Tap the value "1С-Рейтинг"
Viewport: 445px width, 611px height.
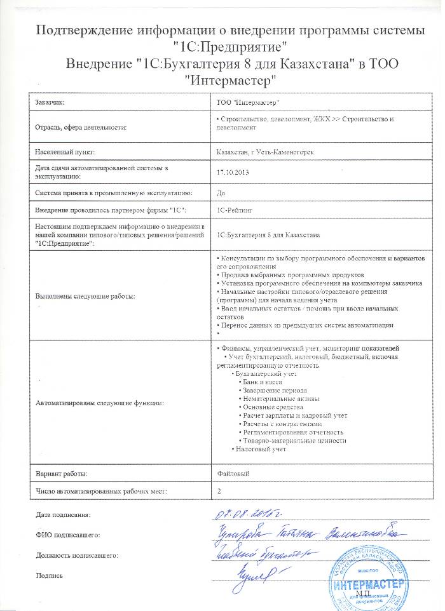pos(235,209)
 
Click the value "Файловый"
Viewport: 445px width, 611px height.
pos(233,473)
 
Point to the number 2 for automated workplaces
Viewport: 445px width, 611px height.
pos(219,491)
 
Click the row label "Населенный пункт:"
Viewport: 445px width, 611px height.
pos(65,152)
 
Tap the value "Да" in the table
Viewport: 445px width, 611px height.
pos(221,192)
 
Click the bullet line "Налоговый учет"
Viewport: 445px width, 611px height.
pos(261,450)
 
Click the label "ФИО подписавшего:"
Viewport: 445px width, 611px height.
pos(68,535)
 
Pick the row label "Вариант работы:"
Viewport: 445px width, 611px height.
pos(61,473)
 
